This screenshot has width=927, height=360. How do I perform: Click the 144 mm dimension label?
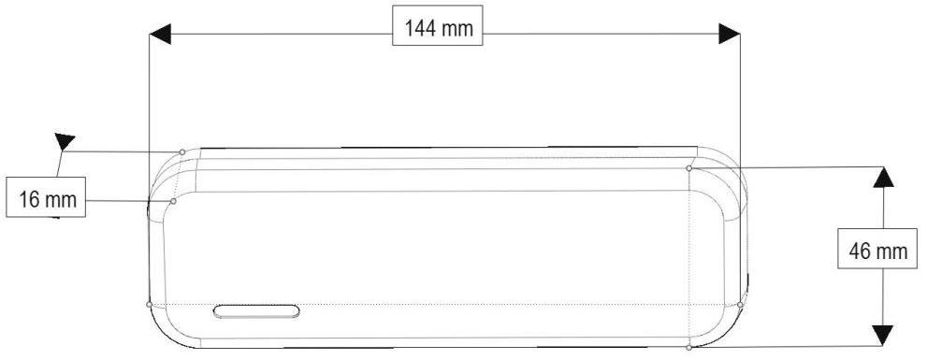click(438, 25)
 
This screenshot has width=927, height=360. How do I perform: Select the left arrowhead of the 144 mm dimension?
click(160, 34)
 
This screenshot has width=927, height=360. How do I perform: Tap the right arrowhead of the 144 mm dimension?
click(729, 34)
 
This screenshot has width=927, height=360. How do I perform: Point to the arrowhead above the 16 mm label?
click(64, 141)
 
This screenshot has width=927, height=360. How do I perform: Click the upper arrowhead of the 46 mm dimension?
click(883, 178)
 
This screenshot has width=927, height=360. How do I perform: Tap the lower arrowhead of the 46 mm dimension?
click(883, 335)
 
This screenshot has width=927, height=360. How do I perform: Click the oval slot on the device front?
click(256, 311)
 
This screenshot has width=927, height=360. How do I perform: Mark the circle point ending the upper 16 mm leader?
click(182, 151)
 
